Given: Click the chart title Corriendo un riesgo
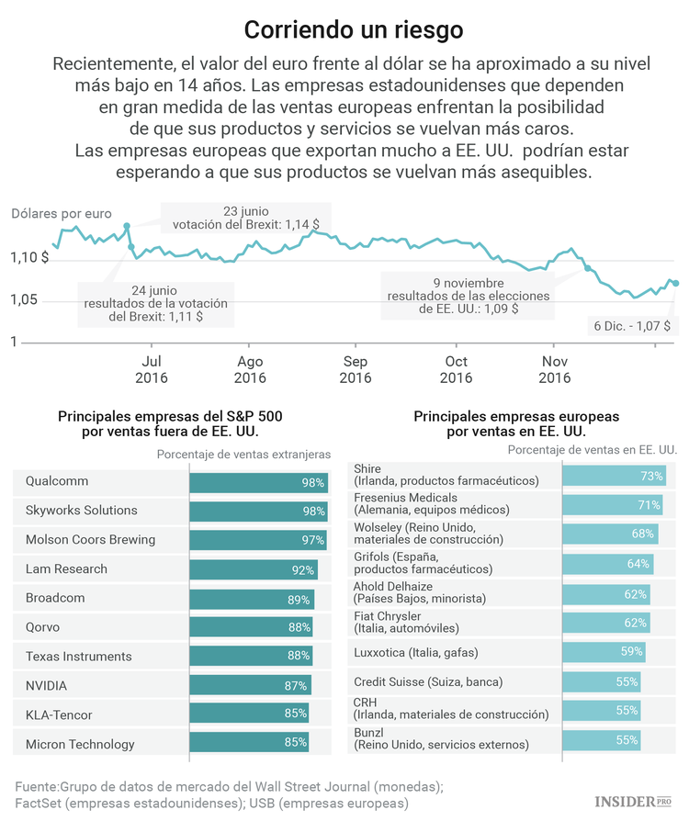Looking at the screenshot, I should pyautogui.click(x=354, y=29).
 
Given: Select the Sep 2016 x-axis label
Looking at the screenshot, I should pyautogui.click(x=355, y=369).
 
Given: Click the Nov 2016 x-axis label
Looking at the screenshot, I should pyautogui.click(x=554, y=369).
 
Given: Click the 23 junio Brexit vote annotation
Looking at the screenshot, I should pyautogui.click(x=245, y=217).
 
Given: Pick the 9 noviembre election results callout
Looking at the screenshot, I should pyautogui.click(x=468, y=296).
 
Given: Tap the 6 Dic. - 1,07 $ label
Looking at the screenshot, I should pyautogui.click(x=631, y=326).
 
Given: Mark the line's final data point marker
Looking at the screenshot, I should pyautogui.click(x=675, y=283).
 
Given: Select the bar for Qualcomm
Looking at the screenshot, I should pyautogui.click(x=258, y=482).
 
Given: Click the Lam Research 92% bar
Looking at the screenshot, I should pyautogui.click(x=253, y=569).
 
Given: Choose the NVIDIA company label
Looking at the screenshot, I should pyautogui.click(x=46, y=686).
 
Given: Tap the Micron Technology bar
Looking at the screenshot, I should pyautogui.click(x=248, y=745).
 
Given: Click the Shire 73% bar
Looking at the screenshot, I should pyautogui.click(x=614, y=476).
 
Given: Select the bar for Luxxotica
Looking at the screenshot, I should pyautogui.click(x=604, y=652).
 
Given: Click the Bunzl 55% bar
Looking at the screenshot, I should pyautogui.click(x=601, y=740).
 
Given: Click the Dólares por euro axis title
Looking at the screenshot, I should pyautogui.click(x=62, y=214).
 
